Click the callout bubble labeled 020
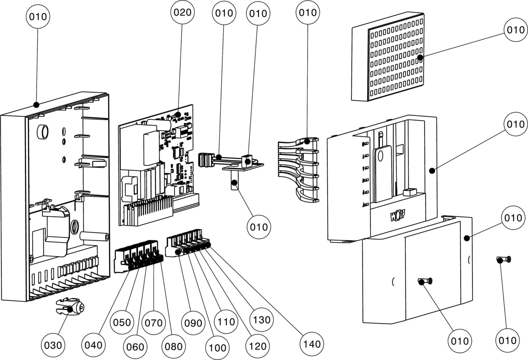pyautogui.click(x=182, y=13)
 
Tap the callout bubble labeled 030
pyautogui.click(x=53, y=345)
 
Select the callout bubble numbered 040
pyautogui.click(x=93, y=345)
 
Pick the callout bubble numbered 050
pyautogui.click(x=122, y=322)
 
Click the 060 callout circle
pyautogui.click(x=135, y=347)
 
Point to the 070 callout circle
pyautogui.click(x=153, y=323)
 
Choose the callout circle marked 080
pyautogui.click(x=174, y=346)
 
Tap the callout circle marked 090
pyautogui.click(x=193, y=323)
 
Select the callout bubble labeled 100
pyautogui.click(x=217, y=348)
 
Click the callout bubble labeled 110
pyautogui.click(x=226, y=322)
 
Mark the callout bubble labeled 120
pyautogui.click(x=258, y=346)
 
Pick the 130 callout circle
pyautogui.click(x=262, y=320)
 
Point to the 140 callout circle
pyautogui.click(x=312, y=344)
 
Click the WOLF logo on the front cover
pyautogui.click(x=397, y=215)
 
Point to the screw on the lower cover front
pyautogui.click(x=425, y=281)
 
